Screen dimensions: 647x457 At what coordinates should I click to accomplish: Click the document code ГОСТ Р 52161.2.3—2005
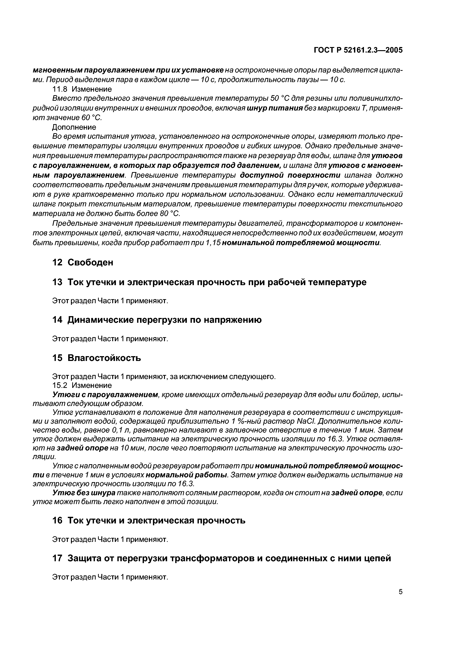pyautogui.click(x=358, y=50)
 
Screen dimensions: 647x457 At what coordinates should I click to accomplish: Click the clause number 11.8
pyautogui.click(x=60, y=89)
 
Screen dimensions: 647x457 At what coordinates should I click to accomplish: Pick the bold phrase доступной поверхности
pyautogui.click(x=290, y=175)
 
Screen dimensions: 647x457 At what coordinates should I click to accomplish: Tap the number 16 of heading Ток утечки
pyautogui.click(x=57, y=520)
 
